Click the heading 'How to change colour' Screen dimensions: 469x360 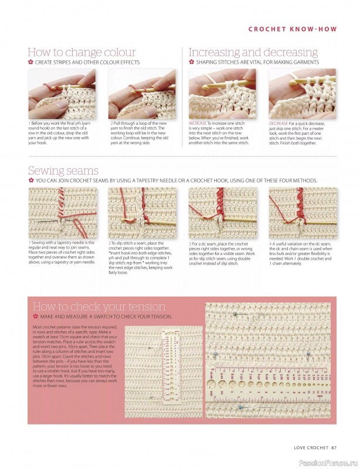[x=81, y=52]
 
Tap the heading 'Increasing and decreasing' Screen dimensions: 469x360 [x=253, y=52]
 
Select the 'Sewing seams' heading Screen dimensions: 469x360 [x=63, y=171]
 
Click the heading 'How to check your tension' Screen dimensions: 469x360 [x=99, y=307]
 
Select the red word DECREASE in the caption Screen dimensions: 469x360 [x=279, y=124]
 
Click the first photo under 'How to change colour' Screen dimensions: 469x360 [x=63, y=94]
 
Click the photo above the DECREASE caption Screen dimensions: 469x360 [x=302, y=94]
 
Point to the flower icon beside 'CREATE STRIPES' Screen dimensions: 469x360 [x=30, y=62]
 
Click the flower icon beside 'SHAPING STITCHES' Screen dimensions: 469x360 [x=191, y=62]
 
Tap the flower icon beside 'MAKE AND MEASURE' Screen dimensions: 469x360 [x=35, y=317]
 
